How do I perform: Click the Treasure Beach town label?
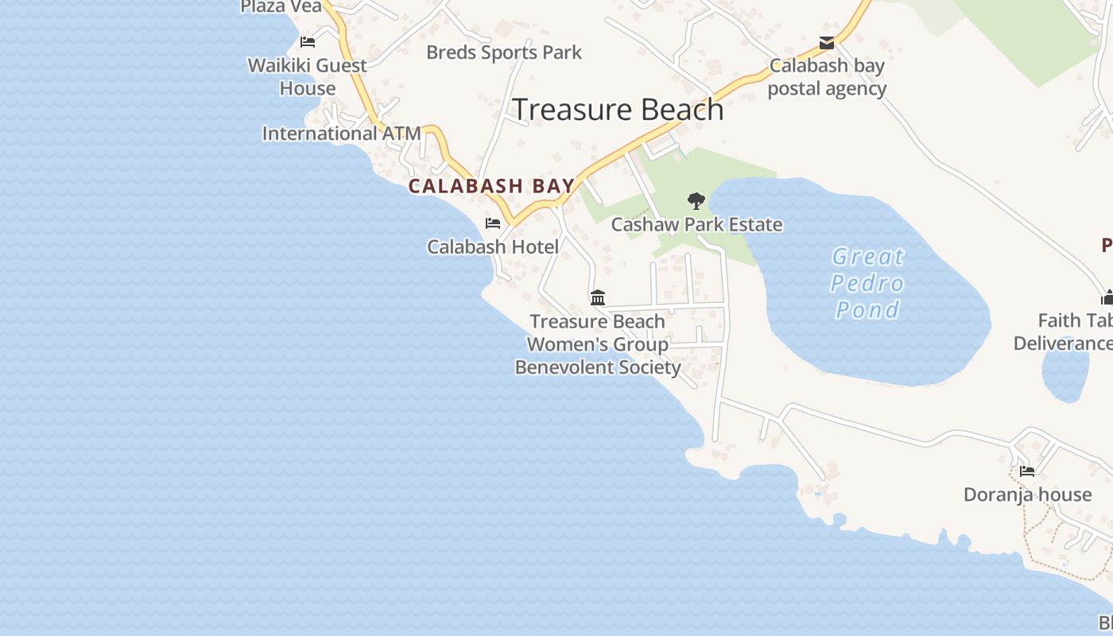[618, 110]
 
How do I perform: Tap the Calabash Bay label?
[491, 187]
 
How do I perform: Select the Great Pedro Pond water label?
[867, 283]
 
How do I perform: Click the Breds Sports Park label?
[504, 52]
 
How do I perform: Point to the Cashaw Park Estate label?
[696, 225]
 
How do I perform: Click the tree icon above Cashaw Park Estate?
[696, 200]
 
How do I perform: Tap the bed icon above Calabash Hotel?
[493, 223]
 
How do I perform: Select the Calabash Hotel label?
[493, 247]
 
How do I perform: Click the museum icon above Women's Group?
[598, 298]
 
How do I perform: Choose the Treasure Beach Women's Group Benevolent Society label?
[598, 344]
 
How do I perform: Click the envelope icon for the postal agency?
[827, 42]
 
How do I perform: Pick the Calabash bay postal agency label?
[827, 77]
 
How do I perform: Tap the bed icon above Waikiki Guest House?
[308, 42]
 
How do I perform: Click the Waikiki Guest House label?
[308, 76]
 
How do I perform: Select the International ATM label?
[341, 134]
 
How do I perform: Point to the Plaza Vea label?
[281, 7]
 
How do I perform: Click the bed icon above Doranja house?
[1027, 471]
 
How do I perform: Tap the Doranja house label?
[1027, 494]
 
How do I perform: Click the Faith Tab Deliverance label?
[1065, 332]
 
